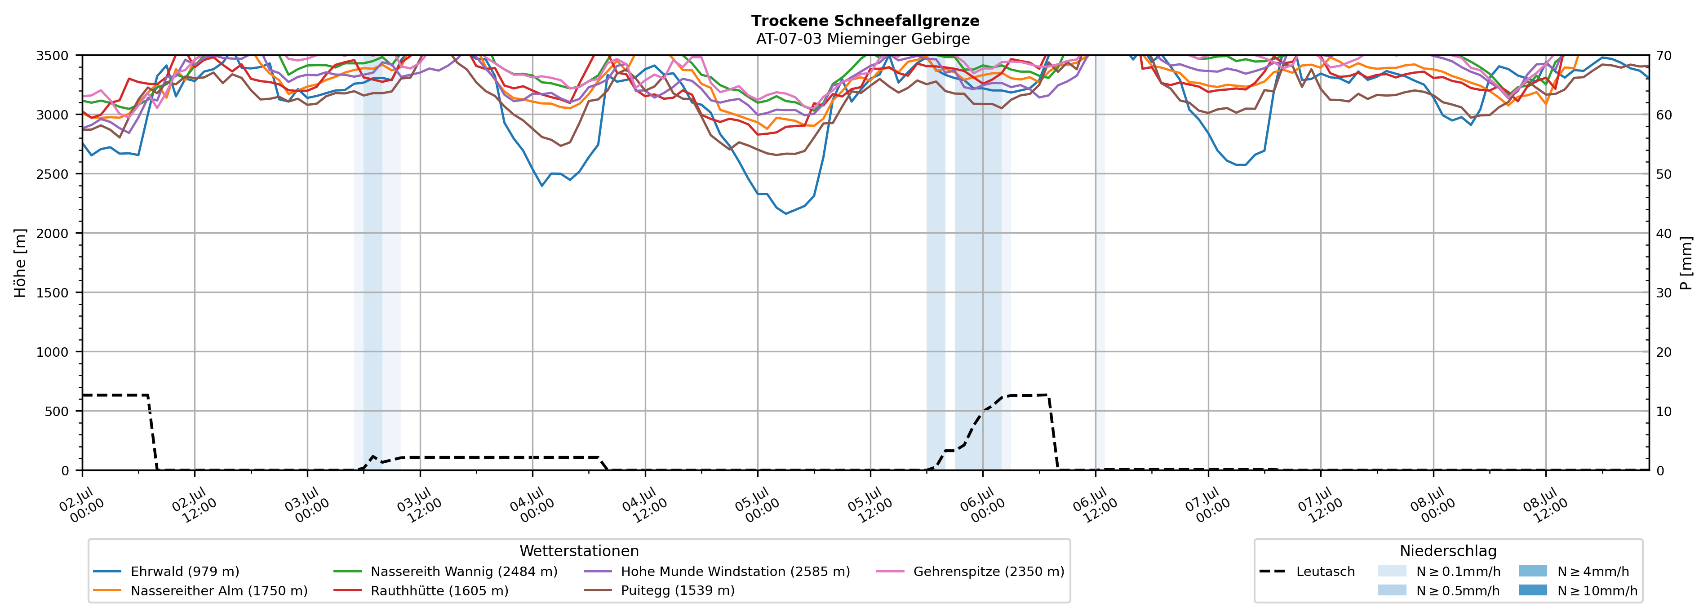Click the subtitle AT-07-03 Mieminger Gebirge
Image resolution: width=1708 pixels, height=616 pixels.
[x=863, y=39]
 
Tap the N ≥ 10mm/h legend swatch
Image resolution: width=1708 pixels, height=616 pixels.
[x=1533, y=590]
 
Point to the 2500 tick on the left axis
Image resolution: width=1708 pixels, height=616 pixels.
[x=53, y=174]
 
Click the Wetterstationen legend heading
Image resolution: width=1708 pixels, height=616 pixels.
[x=579, y=551]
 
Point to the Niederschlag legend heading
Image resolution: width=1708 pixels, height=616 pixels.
[x=1448, y=551]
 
